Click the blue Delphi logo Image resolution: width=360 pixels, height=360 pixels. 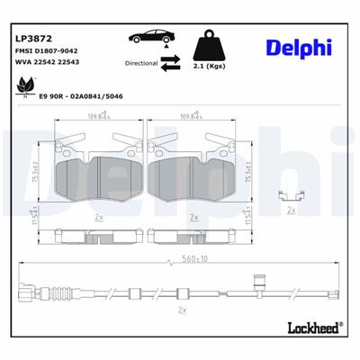(298, 48)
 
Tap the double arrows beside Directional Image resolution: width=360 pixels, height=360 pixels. (170, 64)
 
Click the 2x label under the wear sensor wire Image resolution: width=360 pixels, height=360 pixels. (183, 310)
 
